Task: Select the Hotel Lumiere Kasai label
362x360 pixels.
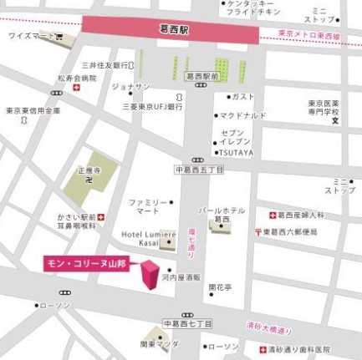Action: click(x=147, y=239)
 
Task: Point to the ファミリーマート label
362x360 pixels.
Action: click(x=147, y=207)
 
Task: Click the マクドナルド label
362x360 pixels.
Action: click(x=244, y=115)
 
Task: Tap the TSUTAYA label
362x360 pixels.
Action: click(x=241, y=152)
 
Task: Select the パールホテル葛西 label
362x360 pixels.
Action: click(x=221, y=215)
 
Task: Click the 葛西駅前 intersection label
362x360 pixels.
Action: click(x=201, y=75)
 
